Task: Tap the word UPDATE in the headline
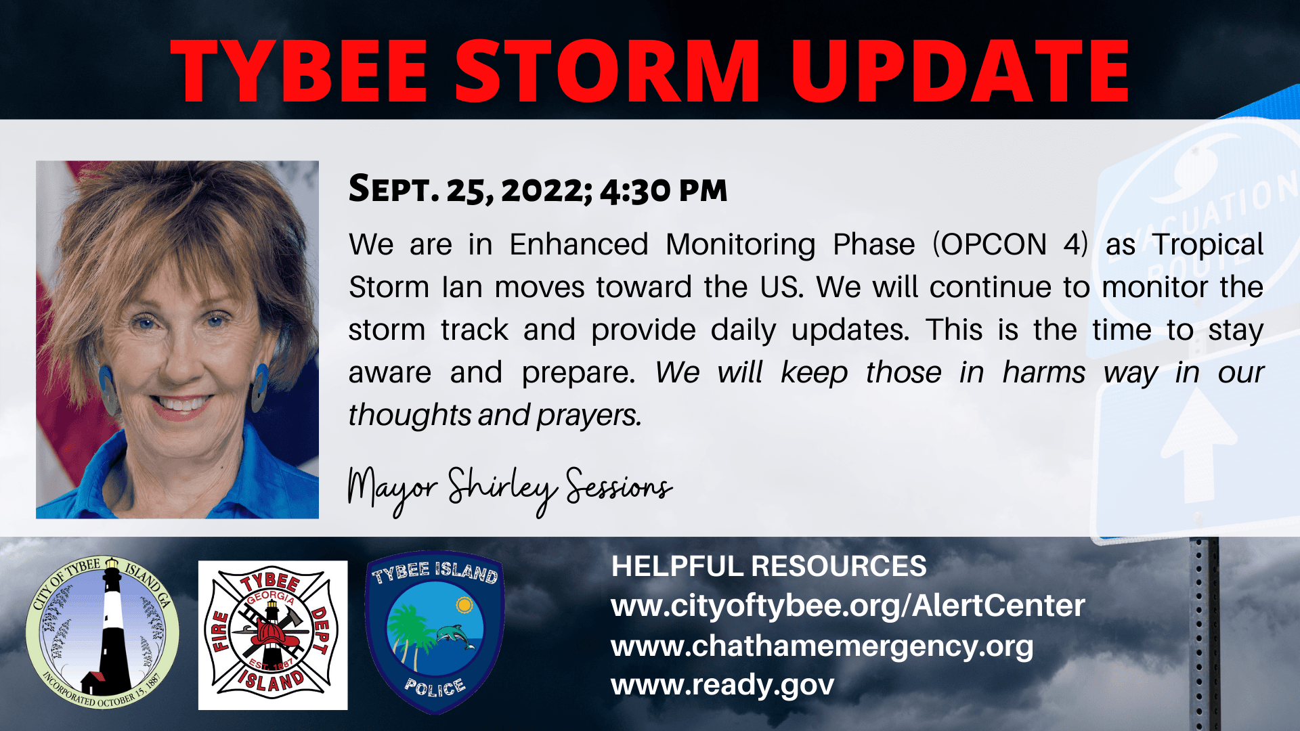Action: pyautogui.click(x=960, y=71)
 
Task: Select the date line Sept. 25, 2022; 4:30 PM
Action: pyautogui.click(x=538, y=189)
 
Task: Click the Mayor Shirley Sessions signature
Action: pyautogui.click(x=509, y=489)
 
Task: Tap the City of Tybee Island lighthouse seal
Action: pyautogui.click(x=102, y=633)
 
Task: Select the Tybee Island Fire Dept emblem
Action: pyautogui.click(x=273, y=635)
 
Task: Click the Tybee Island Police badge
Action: pyautogui.click(x=435, y=632)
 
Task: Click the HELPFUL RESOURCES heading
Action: pyautogui.click(x=768, y=567)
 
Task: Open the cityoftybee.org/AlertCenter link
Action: pyautogui.click(x=848, y=606)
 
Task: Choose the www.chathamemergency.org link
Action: pyautogui.click(x=822, y=646)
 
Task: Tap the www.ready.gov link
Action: pyautogui.click(x=722, y=686)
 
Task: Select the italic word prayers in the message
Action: pyautogui.click(x=588, y=416)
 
